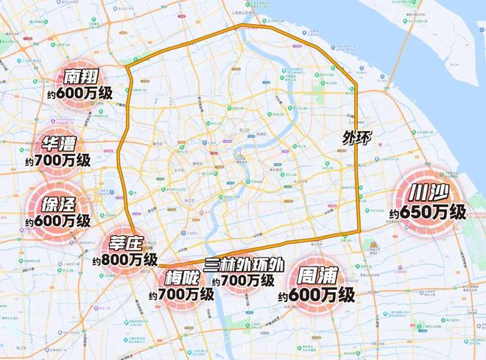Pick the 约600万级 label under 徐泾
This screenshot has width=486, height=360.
(x=57, y=219)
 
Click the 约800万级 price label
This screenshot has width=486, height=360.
(x=125, y=261)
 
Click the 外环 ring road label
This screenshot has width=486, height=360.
(x=357, y=138)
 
